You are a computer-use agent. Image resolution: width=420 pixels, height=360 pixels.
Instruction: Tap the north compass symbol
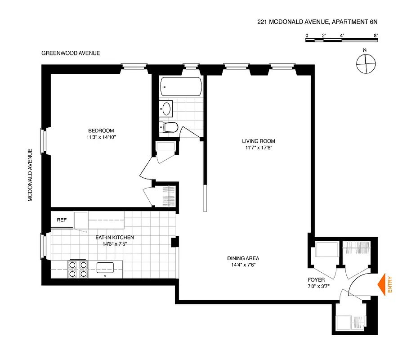pyautogui.click(x=365, y=63)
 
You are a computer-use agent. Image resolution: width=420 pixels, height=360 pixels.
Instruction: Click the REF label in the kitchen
pyautogui.click(x=62, y=220)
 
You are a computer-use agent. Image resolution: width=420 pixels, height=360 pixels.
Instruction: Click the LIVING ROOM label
pyautogui.click(x=258, y=141)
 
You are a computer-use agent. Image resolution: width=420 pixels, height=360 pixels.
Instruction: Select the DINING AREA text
pyautogui.click(x=243, y=258)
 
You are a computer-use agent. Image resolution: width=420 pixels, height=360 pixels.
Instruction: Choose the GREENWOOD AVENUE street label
pyautogui.click(x=71, y=53)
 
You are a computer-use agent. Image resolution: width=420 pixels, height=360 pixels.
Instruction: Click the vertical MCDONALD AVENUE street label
pyautogui.click(x=31, y=175)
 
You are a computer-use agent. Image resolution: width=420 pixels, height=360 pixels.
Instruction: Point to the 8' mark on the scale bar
pyautogui.click(x=375, y=35)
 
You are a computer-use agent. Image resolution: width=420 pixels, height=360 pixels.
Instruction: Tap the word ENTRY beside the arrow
pyautogui.click(x=390, y=285)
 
